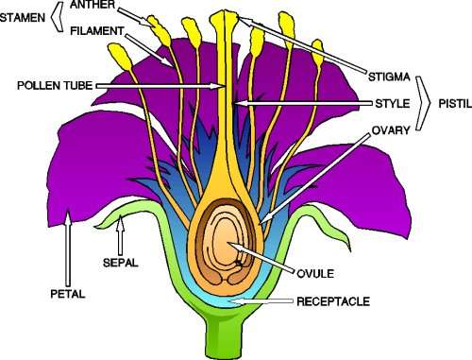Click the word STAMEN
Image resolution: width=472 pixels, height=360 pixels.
(24, 17)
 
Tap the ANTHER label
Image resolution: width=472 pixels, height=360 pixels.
(92, 6)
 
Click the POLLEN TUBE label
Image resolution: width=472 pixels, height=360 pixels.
(52, 85)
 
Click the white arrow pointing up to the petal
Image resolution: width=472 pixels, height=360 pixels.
(68, 246)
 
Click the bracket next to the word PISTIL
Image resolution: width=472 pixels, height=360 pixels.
(425, 96)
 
